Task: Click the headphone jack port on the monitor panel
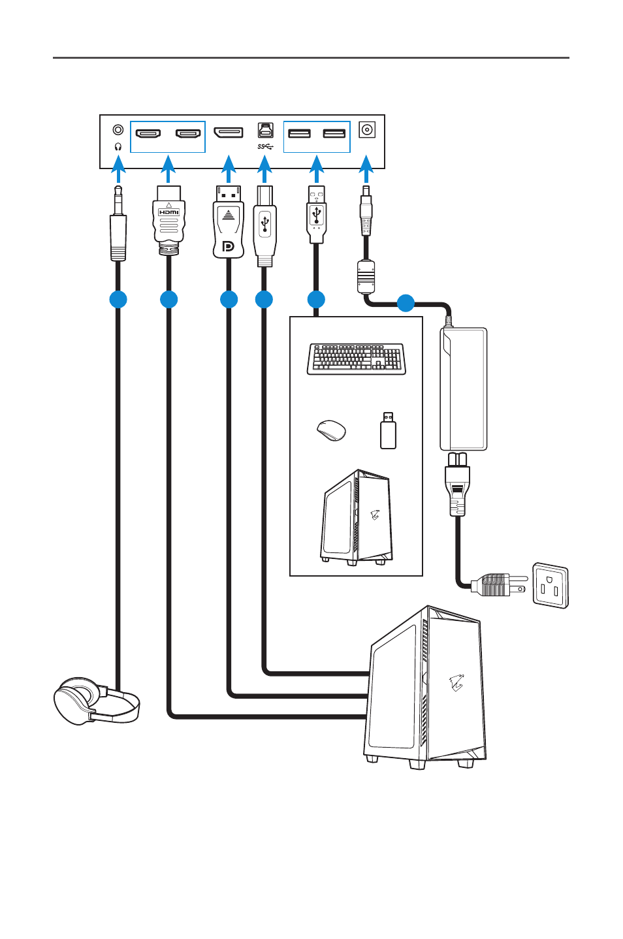click(118, 131)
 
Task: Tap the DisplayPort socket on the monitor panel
click(229, 133)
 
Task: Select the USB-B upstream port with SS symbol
click(265, 131)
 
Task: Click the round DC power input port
click(367, 130)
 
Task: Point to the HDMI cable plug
click(168, 219)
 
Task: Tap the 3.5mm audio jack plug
click(118, 229)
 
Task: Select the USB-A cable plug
click(316, 214)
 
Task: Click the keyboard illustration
click(357, 358)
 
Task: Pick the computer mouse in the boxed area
click(331, 430)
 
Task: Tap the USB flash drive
click(388, 430)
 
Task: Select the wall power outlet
click(551, 585)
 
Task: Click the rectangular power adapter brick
click(464, 389)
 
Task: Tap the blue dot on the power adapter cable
click(406, 303)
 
